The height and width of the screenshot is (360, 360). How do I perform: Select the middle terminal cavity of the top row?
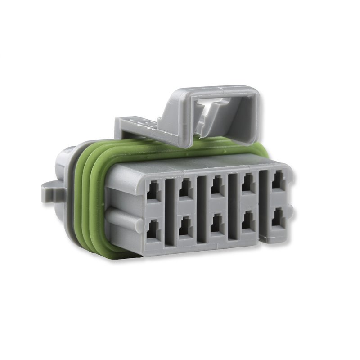coord(216,186)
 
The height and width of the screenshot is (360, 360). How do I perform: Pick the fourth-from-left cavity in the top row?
coord(247,184)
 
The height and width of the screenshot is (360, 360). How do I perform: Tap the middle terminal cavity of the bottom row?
coord(216,224)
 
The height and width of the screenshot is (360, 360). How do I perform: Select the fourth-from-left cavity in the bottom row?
coord(247,221)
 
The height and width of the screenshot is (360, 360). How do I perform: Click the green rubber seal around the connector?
coord(90,198)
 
